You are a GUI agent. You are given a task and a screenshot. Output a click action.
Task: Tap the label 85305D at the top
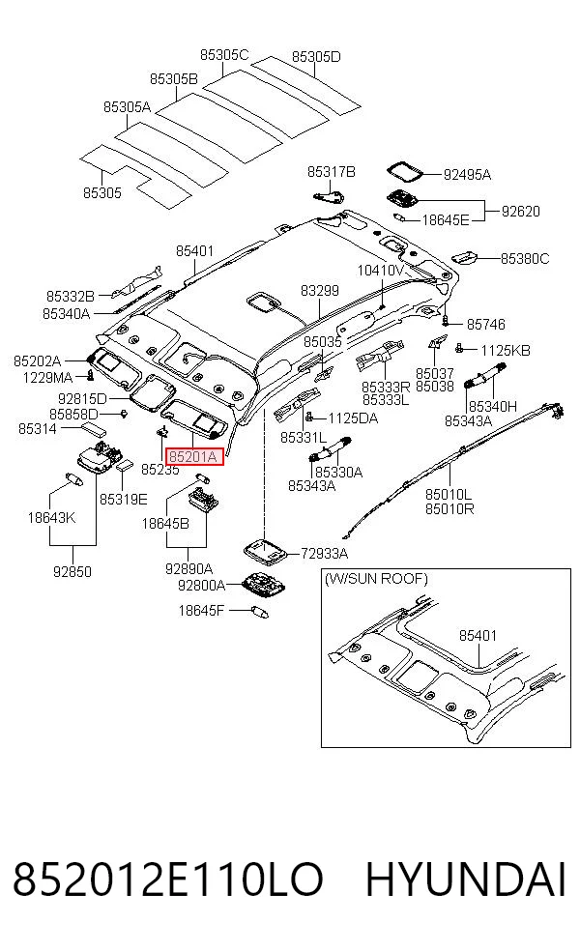316,57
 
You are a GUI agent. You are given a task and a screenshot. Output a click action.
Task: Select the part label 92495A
467,175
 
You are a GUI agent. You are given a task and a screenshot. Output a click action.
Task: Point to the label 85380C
525,259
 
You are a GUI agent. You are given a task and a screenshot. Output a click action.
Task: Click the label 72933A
325,553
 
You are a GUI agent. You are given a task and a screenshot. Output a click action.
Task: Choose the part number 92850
72,571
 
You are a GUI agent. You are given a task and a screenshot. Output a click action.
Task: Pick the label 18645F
201,610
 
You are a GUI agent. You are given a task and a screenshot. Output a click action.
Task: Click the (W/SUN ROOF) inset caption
376,579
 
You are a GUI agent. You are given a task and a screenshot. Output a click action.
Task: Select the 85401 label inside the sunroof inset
478,636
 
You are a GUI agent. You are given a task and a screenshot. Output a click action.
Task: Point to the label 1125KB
506,351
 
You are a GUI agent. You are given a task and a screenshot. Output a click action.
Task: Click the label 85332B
71,297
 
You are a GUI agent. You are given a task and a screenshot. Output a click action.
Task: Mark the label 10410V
381,271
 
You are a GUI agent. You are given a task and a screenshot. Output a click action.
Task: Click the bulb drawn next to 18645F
260,612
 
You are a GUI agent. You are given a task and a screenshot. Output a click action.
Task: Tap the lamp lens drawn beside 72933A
266,550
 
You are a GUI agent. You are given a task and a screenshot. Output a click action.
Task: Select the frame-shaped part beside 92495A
406,172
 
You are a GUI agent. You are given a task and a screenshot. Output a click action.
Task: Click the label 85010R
449,509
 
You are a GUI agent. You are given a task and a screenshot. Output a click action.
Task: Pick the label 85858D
73,415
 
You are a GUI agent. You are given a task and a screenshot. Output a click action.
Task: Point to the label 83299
320,291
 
